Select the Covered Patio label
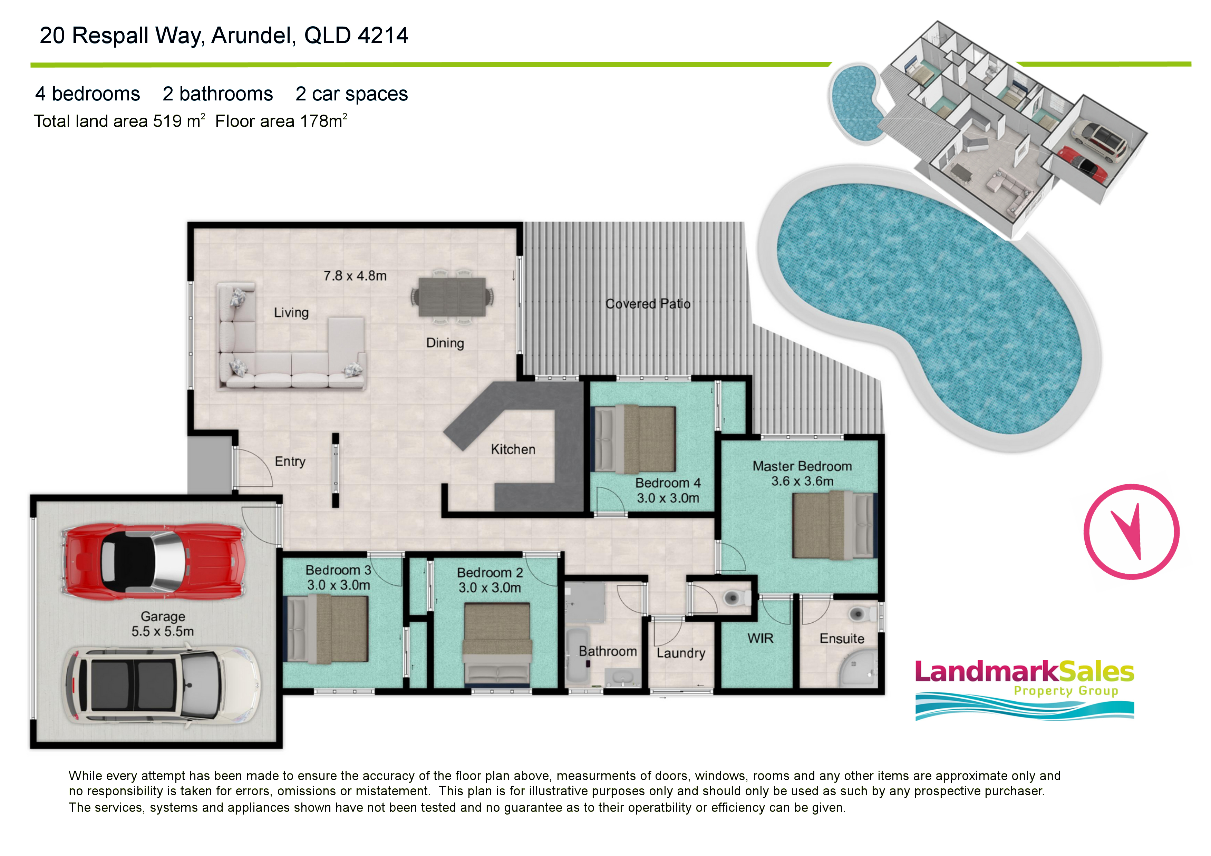click(648, 304)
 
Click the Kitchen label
click(513, 449)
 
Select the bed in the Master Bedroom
click(833, 524)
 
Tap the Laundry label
click(681, 653)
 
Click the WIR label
click(760, 638)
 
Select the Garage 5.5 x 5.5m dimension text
click(163, 624)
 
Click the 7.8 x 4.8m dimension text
click(355, 276)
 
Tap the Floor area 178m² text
click(281, 121)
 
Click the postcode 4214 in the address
click(383, 35)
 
